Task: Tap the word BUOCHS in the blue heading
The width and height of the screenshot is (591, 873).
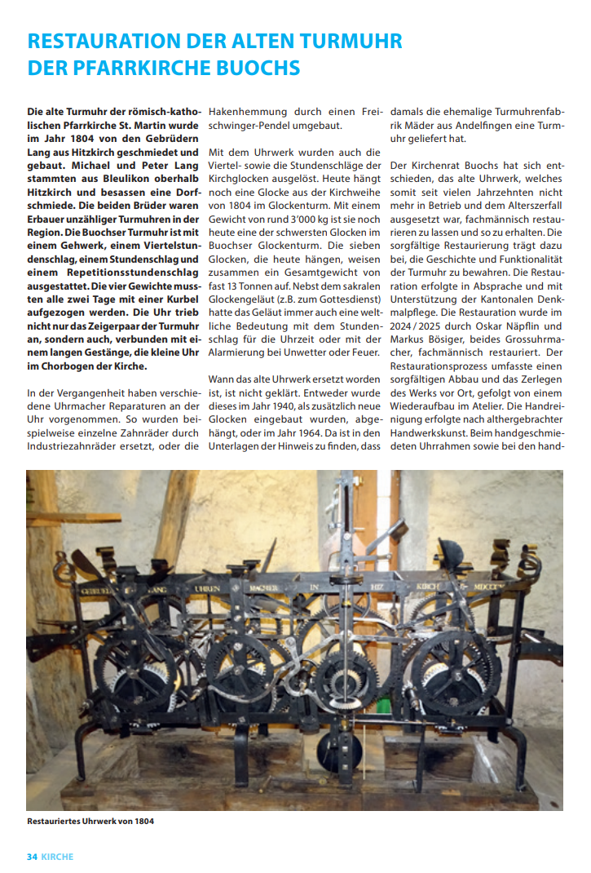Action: [x=256, y=68]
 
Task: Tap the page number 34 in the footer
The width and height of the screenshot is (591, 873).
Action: [x=33, y=857]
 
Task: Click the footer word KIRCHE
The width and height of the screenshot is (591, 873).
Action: [x=58, y=857]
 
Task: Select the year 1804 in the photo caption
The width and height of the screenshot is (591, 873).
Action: [x=139, y=821]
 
